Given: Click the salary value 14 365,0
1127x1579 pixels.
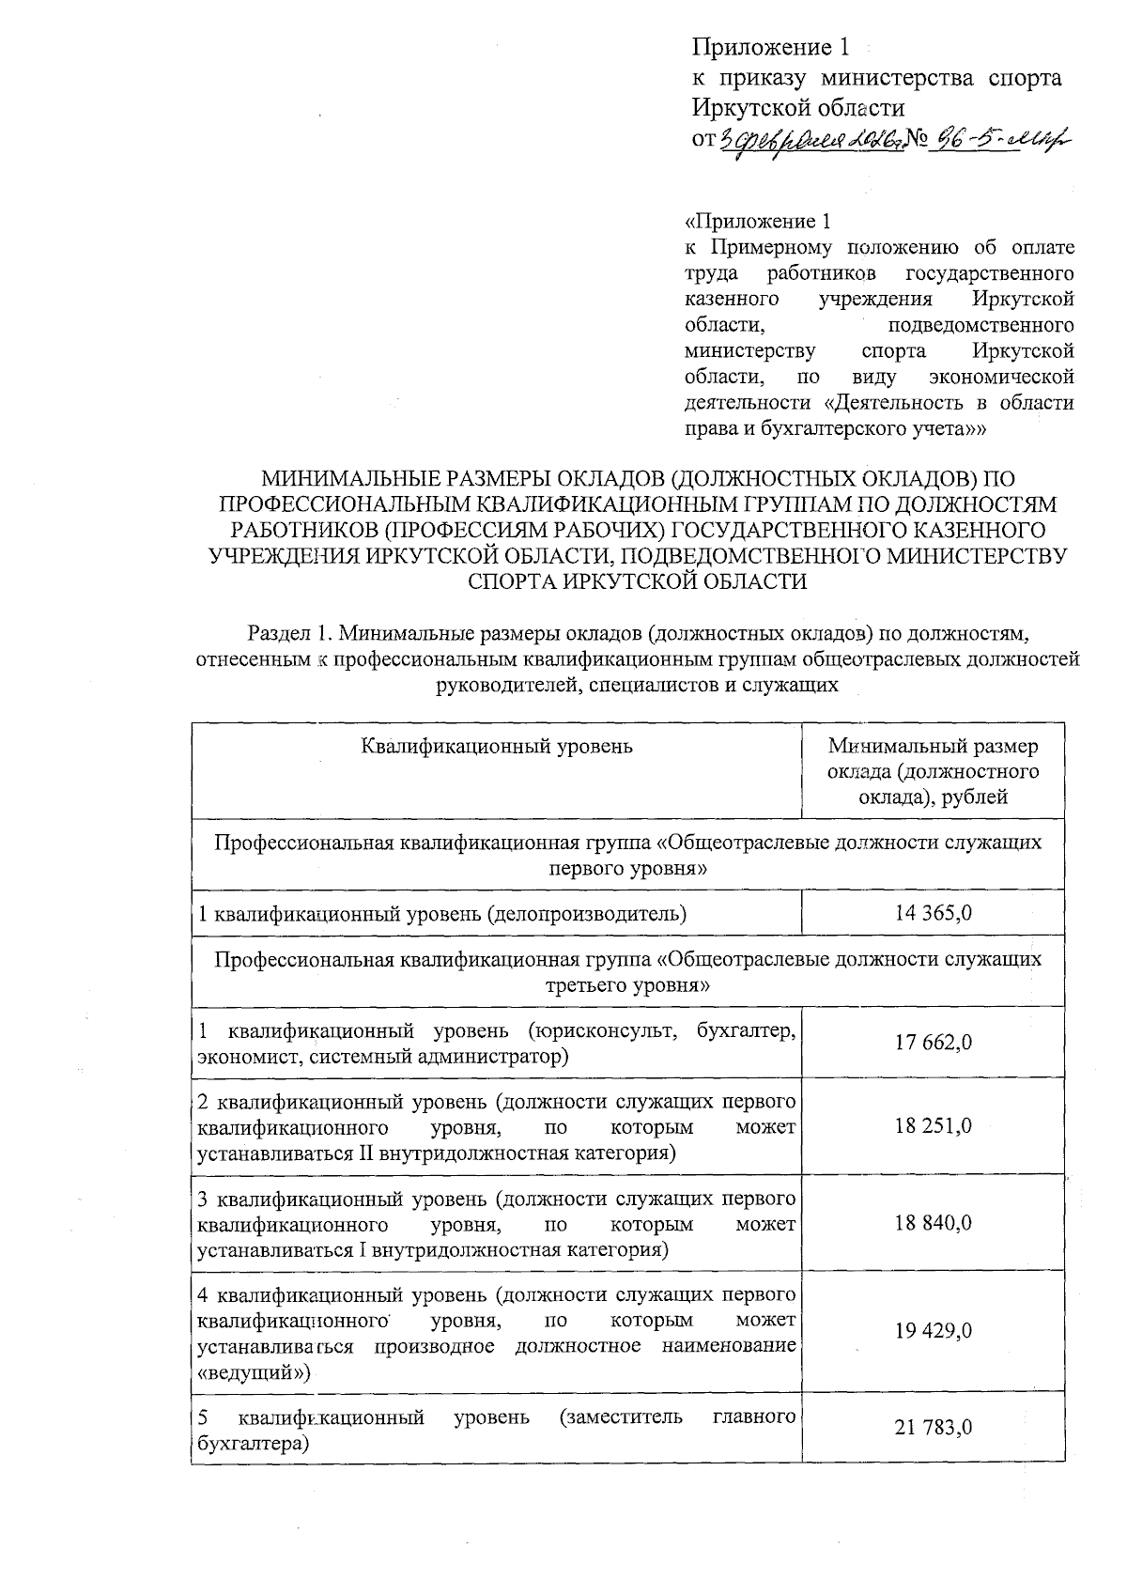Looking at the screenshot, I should [x=934, y=912].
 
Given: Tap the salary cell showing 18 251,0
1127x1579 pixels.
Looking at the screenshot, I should [x=934, y=1125].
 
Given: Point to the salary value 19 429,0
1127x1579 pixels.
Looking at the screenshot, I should [x=934, y=1331].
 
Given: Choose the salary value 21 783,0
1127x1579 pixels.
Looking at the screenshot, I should [x=934, y=1428].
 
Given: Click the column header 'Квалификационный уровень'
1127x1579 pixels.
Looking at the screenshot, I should [x=497, y=747].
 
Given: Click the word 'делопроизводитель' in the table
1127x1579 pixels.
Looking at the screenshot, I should [x=588, y=913].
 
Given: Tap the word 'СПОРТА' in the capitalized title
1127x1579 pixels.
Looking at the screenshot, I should [x=511, y=581].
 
